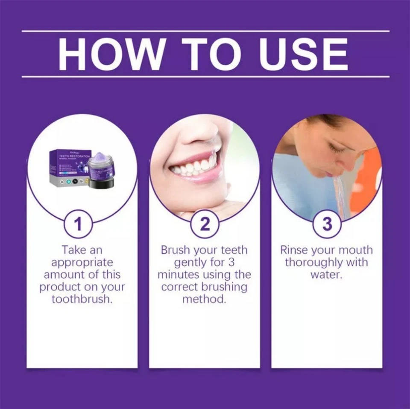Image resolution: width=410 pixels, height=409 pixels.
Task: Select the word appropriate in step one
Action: [82, 262]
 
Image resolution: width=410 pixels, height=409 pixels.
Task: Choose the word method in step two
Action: [204, 299]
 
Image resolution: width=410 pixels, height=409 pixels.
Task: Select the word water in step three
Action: [326, 274]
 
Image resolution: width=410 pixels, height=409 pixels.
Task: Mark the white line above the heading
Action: [205, 31]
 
